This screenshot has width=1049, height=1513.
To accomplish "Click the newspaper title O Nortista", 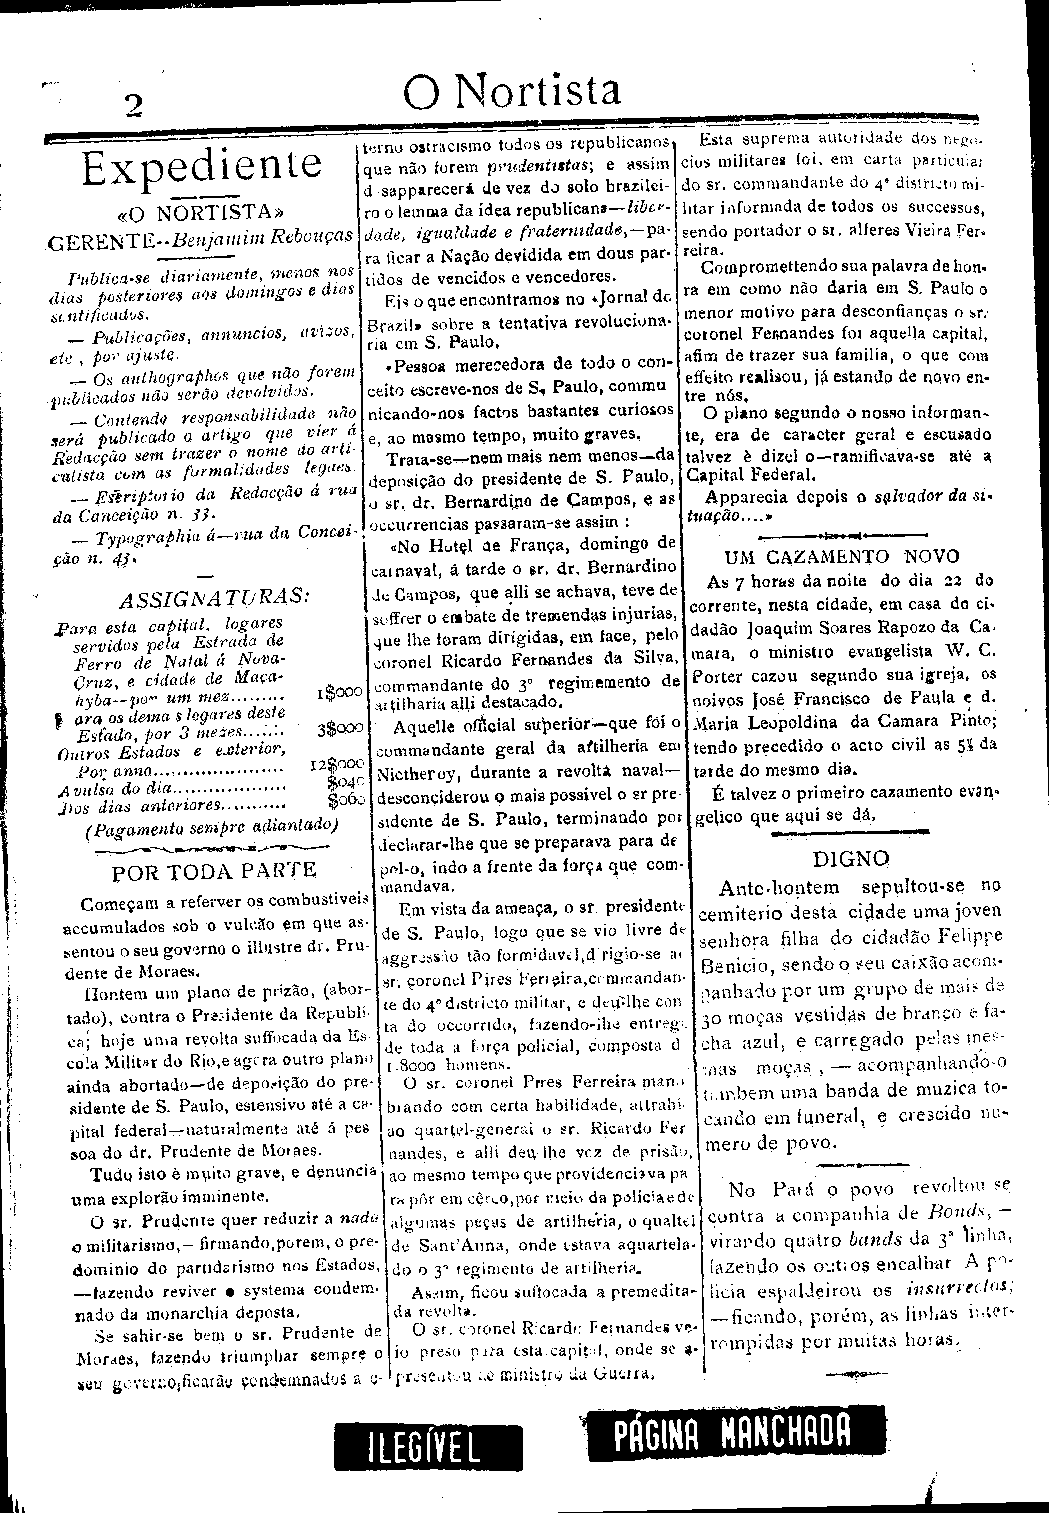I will pyautogui.click(x=512, y=91).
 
